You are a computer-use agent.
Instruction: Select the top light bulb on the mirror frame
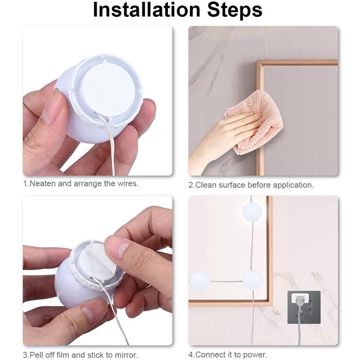(x=252, y=212)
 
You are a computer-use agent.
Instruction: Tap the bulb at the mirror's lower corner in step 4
(x=252, y=280)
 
